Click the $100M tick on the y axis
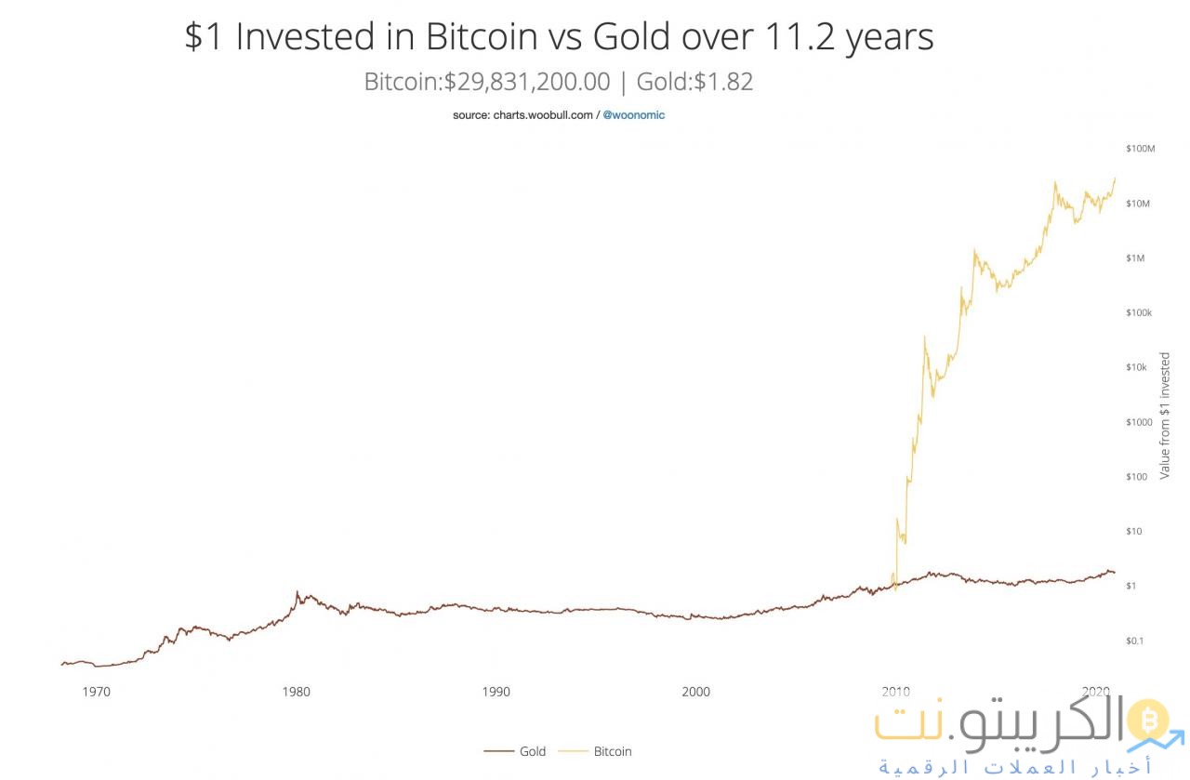tap(1139, 149)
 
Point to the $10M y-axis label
tap(1139, 204)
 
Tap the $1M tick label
tap(1135, 258)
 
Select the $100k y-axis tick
tap(1139, 313)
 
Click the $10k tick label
tap(1137, 367)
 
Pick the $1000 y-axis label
tap(1139, 422)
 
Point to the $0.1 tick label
tap(1135, 641)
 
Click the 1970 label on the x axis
tap(96, 692)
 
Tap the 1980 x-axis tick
tap(296, 692)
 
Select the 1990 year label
tap(496, 692)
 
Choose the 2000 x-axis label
tap(695, 692)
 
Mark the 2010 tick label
tap(895, 692)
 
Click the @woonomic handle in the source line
tap(634, 115)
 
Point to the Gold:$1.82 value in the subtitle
tap(694, 82)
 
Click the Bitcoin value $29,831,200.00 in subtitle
tap(526, 82)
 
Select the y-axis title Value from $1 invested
tap(1165, 416)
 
